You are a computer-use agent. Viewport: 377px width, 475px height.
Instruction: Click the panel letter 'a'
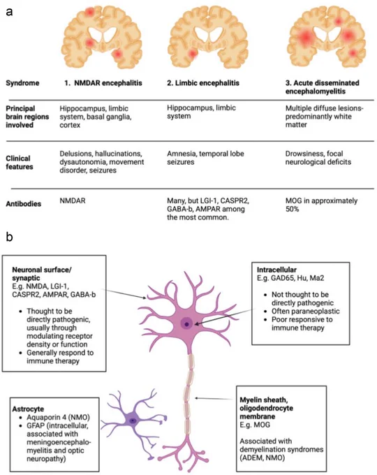[x=9, y=12]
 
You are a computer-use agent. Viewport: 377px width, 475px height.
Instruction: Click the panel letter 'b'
[x=9, y=237]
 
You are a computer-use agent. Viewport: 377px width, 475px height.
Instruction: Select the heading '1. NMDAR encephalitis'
[x=103, y=83]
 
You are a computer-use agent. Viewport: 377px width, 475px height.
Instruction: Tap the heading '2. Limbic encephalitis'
[x=203, y=83]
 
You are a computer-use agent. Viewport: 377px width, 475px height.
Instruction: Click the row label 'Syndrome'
[x=22, y=83]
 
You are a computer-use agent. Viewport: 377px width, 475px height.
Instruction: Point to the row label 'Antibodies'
[x=23, y=203]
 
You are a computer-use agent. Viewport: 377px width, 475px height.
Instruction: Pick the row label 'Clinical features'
[x=20, y=162]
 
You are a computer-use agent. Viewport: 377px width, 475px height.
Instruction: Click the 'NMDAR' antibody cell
[x=73, y=200]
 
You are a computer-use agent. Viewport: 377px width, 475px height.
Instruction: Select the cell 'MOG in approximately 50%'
[x=321, y=205]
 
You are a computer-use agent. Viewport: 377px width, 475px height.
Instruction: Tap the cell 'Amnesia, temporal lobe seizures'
[x=205, y=158]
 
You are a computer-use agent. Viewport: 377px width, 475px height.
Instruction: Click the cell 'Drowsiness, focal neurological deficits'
[x=318, y=158]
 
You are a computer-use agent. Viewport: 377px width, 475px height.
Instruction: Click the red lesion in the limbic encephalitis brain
[x=192, y=54]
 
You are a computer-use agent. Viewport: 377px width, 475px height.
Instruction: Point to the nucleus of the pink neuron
[x=187, y=324]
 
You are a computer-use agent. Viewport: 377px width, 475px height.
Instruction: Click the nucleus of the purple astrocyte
[x=133, y=421]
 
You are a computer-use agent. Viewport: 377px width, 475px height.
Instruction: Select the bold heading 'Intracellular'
[x=276, y=270]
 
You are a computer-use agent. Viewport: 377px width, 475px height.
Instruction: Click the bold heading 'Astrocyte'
[x=28, y=409]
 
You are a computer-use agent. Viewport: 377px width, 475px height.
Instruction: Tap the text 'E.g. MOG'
[x=255, y=425]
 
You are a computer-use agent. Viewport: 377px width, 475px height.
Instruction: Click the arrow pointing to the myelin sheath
[x=215, y=398]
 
